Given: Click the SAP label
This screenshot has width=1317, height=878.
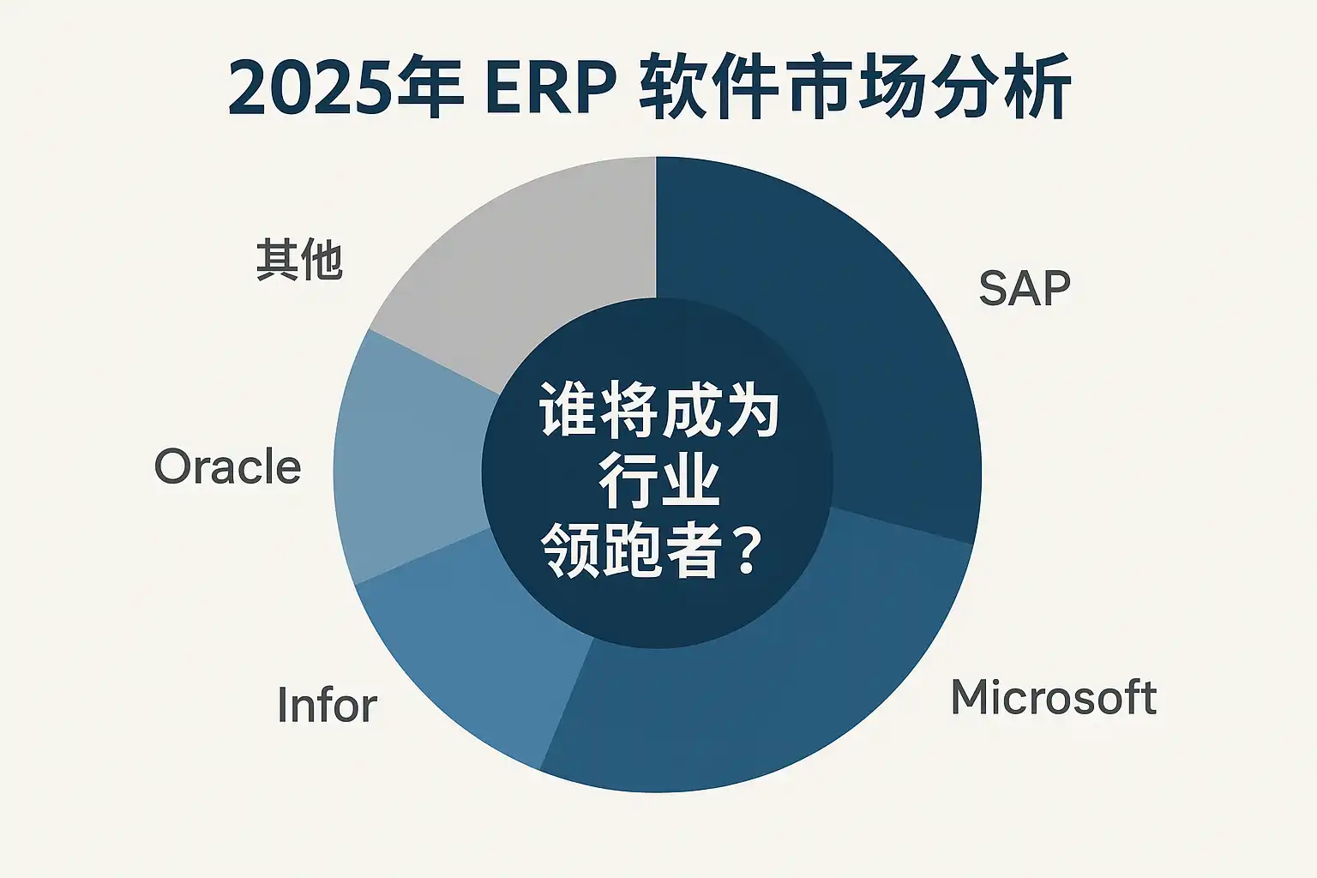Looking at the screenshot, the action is pyautogui.click(x=1025, y=288).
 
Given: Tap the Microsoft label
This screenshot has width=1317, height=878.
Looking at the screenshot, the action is pyautogui.click(x=1054, y=697).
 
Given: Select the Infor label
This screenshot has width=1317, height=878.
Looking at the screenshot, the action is pyautogui.click(x=327, y=705).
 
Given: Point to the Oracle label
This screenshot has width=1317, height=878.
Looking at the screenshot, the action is pyautogui.click(x=227, y=466).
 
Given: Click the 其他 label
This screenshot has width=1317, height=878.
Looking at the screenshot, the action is pyautogui.click(x=299, y=260).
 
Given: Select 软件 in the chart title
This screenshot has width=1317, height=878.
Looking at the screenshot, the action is pyautogui.click(x=708, y=88).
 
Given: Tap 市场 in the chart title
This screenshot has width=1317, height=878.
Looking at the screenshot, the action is pyautogui.click(x=856, y=88).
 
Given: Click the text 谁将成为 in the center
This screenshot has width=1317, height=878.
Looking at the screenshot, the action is pyautogui.click(x=659, y=409).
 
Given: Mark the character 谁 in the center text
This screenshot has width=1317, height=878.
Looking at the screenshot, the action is pyautogui.click(x=568, y=409).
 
